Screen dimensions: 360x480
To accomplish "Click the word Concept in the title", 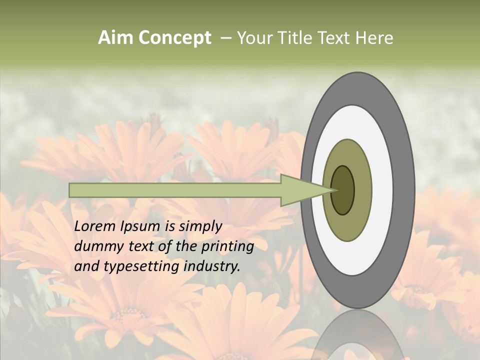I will click(x=174, y=38).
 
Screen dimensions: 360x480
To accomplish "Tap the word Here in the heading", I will click(x=374, y=38).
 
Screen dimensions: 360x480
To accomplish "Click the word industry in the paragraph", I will click(x=212, y=266).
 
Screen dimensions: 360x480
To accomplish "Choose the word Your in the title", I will click(x=254, y=38).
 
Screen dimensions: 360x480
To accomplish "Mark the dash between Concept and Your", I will click(x=225, y=38).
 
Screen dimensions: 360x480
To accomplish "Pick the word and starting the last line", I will click(x=86, y=266).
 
